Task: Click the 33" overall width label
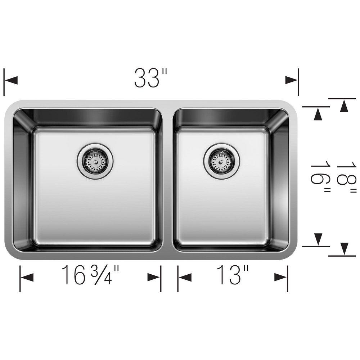coord(151,78)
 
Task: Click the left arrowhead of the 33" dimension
coord(12,80)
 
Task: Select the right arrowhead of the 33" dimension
coord(291,80)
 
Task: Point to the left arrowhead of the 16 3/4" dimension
coord(27,277)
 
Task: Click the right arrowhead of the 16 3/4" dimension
coord(154,277)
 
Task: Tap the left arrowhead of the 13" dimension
coord(185,277)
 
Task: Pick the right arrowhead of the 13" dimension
coord(280,277)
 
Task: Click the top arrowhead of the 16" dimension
coord(318,114)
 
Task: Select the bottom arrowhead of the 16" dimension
coord(318,239)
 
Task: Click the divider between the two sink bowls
coord(167,180)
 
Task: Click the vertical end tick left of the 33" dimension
coord(4,81)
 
